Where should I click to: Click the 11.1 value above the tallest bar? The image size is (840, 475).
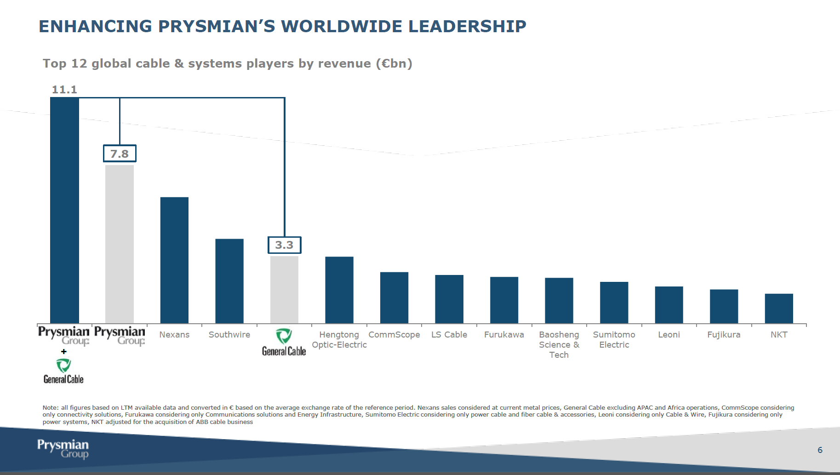[64, 90]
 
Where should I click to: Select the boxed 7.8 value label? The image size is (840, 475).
[120, 154]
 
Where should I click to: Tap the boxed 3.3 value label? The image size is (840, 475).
[284, 245]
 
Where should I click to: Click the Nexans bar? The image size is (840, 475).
[174, 260]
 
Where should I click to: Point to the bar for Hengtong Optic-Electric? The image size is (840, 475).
[339, 290]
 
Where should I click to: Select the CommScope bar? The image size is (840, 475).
[394, 298]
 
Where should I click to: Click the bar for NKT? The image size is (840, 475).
[779, 308]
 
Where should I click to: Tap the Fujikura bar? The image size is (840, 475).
[724, 306]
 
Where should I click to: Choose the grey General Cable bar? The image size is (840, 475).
[284, 290]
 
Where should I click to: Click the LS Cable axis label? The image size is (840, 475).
[449, 335]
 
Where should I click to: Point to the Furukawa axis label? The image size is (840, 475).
[504, 335]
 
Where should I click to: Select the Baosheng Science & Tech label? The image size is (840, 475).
[559, 344]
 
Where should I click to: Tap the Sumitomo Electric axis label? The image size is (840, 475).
[614, 340]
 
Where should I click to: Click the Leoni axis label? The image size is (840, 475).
[669, 335]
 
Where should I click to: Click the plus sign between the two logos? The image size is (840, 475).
[64, 351]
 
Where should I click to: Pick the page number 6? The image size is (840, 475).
[820, 450]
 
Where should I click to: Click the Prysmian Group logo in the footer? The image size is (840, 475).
[63, 449]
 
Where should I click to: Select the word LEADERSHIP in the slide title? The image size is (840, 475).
[467, 26]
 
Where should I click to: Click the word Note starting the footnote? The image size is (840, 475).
[50, 408]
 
